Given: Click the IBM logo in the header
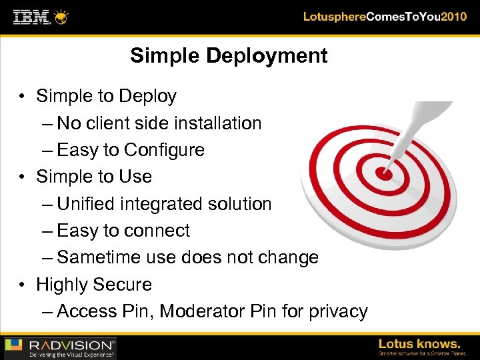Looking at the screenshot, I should [32, 16].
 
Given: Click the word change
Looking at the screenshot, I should [287, 257].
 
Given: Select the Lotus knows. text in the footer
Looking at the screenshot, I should [419, 344].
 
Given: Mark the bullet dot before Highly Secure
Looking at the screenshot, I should [23, 285].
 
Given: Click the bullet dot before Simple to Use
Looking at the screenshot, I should [23, 177].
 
